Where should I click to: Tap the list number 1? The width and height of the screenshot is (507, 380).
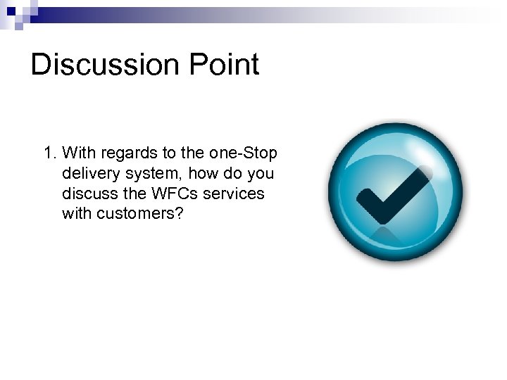tap(49, 153)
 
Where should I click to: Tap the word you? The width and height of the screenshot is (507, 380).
tap(260, 173)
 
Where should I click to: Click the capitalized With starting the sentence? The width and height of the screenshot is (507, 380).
tap(78, 153)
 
